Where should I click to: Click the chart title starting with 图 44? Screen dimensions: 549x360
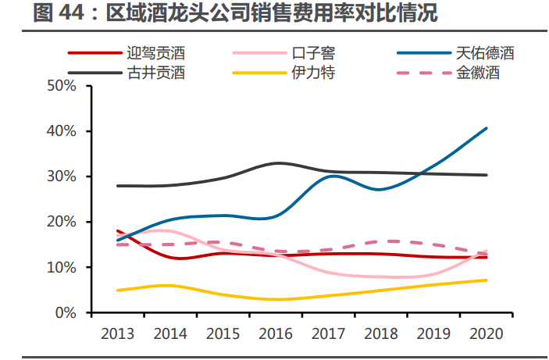click(235, 13)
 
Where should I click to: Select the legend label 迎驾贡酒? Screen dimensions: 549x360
click(156, 53)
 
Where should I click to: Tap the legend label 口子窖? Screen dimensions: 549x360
click(313, 53)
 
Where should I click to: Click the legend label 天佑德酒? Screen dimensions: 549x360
click(485, 53)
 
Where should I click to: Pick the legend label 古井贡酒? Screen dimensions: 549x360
click(156, 73)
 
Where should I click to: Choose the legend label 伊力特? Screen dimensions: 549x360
click(313, 73)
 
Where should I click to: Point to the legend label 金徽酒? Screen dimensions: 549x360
click(478, 73)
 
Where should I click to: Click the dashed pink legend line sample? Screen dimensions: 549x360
click(424, 73)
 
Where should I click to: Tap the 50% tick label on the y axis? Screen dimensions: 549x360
click(62, 86)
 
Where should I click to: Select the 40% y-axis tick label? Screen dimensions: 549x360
click(62, 131)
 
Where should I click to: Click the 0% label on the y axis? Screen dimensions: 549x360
click(66, 312)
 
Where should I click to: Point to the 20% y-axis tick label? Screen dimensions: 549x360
click(62, 222)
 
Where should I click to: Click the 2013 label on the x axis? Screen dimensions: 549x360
click(118, 333)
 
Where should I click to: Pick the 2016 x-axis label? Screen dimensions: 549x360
click(276, 333)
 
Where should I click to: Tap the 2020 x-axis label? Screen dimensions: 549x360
click(487, 333)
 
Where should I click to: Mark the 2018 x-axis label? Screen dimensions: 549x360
click(381, 333)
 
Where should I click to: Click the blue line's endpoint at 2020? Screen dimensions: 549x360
click(487, 128)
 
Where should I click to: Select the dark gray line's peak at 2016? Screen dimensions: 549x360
click(278, 163)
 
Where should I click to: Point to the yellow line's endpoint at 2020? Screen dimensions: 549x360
click(487, 280)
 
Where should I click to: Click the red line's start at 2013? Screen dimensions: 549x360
click(118, 231)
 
